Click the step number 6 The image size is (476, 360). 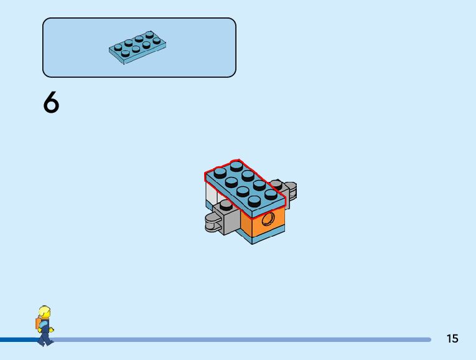[x=51, y=103]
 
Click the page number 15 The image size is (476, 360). [x=452, y=338]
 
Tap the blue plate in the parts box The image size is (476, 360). [x=138, y=47]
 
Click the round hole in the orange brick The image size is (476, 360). [x=268, y=219]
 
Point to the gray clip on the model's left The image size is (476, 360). [x=213, y=222]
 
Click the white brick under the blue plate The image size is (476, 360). [x=210, y=196]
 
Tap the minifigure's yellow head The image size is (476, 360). [x=44, y=312]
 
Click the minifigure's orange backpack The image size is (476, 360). [x=38, y=323]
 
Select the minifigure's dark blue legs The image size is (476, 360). [x=44, y=336]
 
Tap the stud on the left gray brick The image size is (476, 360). [x=222, y=204]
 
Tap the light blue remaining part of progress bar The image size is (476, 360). [x=249, y=339]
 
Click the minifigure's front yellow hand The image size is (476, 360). [x=51, y=329]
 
